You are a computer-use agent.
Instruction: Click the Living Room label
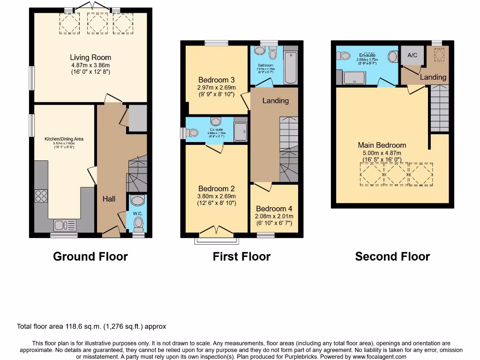(90, 58)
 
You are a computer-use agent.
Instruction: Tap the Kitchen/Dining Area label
(64, 139)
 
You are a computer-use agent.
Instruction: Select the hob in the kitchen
(41, 195)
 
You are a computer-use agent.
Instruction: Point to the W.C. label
(137, 213)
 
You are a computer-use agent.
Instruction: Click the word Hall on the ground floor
(109, 199)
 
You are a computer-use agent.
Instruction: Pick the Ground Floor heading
(90, 256)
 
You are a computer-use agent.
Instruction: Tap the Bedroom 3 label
(216, 80)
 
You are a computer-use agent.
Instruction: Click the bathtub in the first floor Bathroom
(291, 67)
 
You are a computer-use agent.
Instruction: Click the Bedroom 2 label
(216, 189)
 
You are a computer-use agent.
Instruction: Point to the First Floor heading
(241, 256)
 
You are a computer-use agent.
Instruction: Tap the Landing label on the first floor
(275, 101)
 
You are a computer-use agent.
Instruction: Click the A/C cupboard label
(412, 55)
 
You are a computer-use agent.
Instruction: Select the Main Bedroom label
(382, 145)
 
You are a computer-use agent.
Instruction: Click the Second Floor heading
(392, 256)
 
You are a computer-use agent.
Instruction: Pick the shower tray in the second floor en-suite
(354, 78)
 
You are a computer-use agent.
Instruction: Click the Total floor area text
(91, 326)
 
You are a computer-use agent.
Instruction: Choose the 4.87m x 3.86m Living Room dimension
(90, 65)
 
